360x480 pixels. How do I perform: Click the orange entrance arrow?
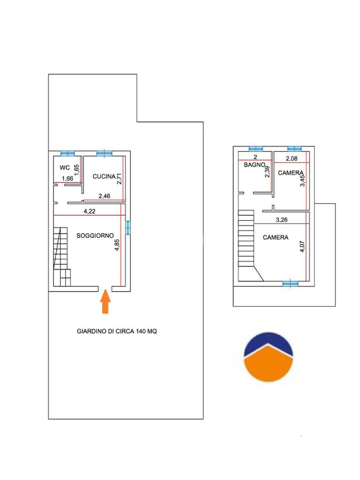105,301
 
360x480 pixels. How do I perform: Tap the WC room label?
65,167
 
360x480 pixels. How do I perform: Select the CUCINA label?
104,176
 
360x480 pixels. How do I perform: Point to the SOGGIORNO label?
95,235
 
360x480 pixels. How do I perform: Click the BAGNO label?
254,165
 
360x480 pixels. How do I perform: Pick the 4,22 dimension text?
90,211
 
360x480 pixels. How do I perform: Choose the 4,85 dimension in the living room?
117,245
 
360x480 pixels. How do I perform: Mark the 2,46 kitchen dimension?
105,196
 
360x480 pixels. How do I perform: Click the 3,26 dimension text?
282,219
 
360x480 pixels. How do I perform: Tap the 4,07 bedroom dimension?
302,247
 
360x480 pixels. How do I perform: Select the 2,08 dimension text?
292,158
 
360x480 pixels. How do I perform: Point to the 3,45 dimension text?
302,180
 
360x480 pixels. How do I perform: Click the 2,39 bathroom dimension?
267,172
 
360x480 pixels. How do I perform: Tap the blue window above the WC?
67,153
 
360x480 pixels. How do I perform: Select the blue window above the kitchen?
105,153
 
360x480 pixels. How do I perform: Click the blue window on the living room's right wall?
128,228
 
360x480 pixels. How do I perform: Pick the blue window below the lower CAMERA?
290,284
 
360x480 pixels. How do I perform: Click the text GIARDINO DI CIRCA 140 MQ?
117,331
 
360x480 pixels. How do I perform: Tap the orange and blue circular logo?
268,357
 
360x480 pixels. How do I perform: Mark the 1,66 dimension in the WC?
67,179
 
